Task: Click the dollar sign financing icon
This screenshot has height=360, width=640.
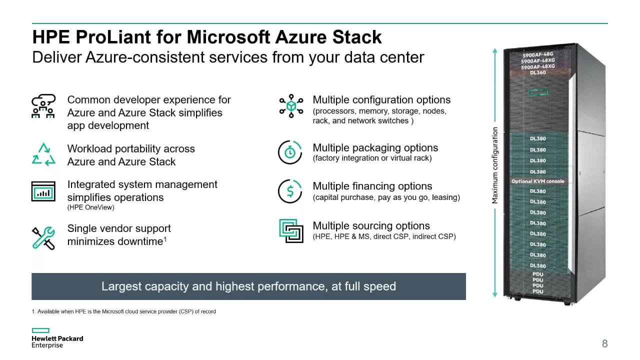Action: click(x=290, y=191)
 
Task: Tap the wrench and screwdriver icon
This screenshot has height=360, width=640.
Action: click(x=43, y=237)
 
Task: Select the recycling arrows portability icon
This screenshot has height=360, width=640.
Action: click(x=43, y=154)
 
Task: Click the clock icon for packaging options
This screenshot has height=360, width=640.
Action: click(x=290, y=152)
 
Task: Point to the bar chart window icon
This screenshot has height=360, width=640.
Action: click(x=43, y=191)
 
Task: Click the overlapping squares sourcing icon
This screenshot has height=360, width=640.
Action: click(x=291, y=230)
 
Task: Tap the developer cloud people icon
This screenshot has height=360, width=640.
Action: click(x=43, y=106)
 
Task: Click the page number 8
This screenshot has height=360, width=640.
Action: click(x=604, y=343)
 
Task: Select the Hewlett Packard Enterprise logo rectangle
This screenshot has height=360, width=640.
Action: click(x=40, y=330)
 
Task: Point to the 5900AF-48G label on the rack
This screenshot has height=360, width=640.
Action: click(x=538, y=55)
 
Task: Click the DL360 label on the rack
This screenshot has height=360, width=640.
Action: click(x=538, y=72)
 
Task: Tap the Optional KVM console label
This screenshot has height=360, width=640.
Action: click(x=537, y=181)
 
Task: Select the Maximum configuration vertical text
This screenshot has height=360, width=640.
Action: click(x=495, y=165)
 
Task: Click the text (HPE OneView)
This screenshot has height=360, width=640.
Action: click(x=90, y=207)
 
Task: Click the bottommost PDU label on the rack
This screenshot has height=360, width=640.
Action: click(x=538, y=291)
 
